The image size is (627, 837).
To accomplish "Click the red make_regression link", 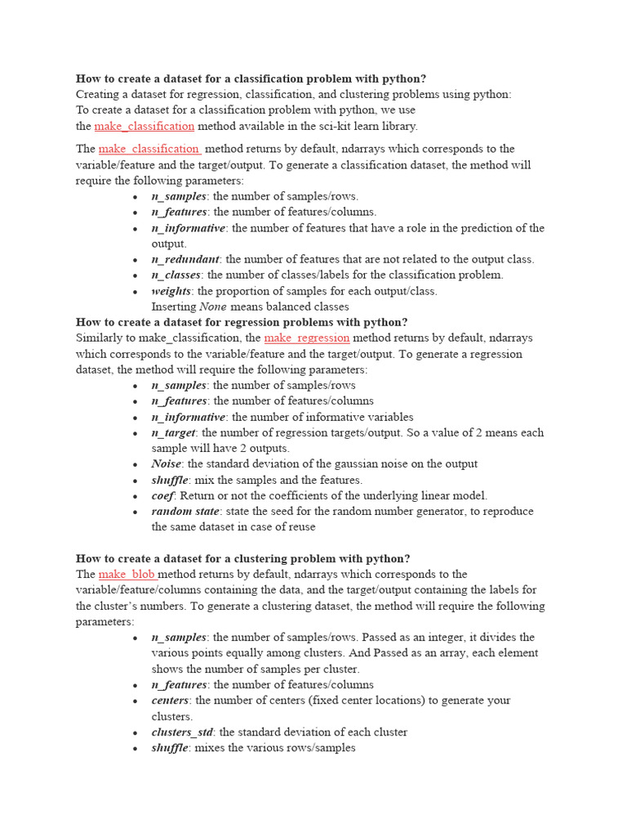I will coord(307,338).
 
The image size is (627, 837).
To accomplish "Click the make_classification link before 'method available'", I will coord(144,126).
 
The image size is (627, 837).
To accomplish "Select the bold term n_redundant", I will coord(185,259).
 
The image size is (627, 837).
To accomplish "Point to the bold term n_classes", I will coord(176,275).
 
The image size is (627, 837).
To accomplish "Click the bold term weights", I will coord(171,291).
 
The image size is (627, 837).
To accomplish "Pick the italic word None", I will coord(213,307).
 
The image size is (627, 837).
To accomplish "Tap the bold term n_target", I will coord(173,432).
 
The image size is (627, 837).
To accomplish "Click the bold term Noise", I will coord(166,463).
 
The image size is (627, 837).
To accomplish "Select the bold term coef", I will coord(162,495).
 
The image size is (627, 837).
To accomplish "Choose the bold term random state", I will coord(185,511).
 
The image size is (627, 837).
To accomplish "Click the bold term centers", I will coord(170,700).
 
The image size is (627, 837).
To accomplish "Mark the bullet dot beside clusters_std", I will coord(136,732).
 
